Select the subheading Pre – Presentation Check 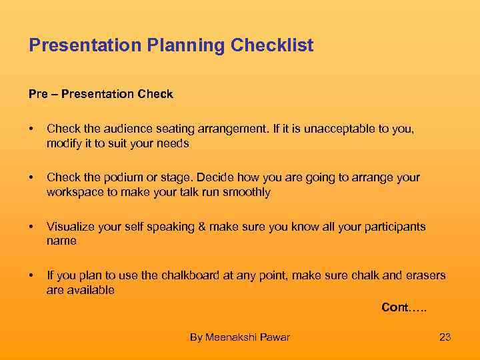coord(101,95)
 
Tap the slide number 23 coord(445,337)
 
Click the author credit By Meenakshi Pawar coord(240,337)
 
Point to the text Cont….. coord(404,307)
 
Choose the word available coord(91,290)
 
